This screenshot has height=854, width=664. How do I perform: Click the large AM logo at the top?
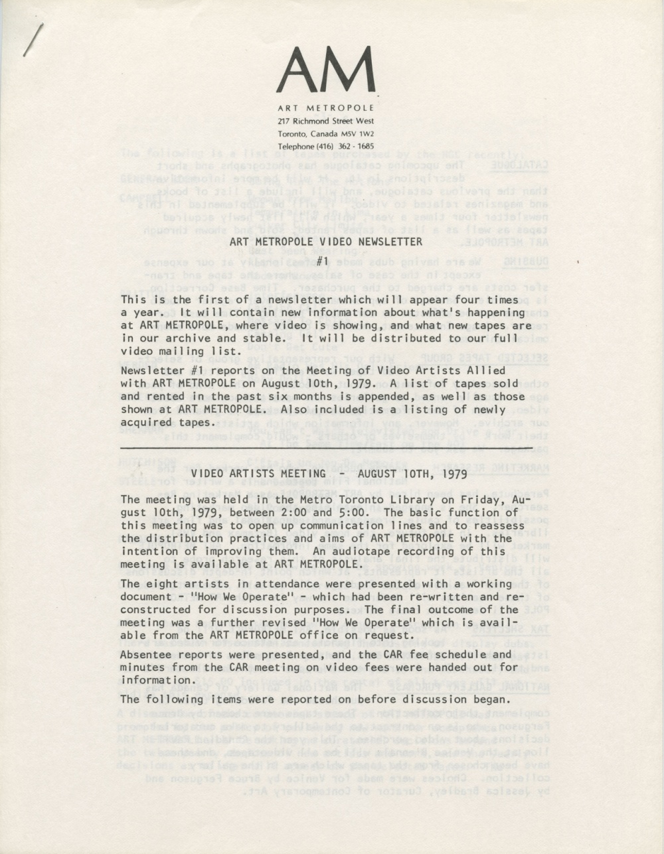(x=325, y=70)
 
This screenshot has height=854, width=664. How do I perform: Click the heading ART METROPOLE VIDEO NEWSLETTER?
(x=325, y=242)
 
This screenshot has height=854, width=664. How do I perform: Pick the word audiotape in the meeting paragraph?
(x=384, y=551)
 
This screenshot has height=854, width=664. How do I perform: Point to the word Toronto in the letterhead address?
(x=293, y=133)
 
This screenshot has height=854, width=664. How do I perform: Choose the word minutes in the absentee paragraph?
(x=143, y=667)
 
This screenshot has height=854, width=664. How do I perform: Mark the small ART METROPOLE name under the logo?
(x=325, y=107)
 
